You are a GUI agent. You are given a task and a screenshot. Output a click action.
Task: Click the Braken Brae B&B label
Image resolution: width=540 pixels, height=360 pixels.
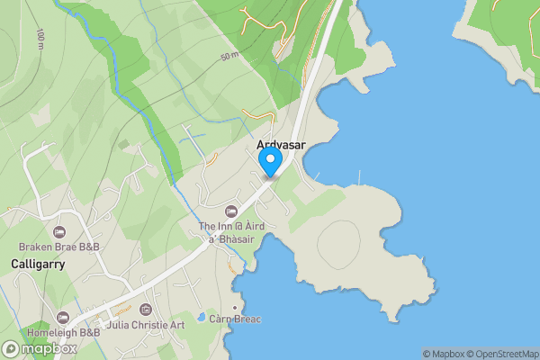pos(59,247)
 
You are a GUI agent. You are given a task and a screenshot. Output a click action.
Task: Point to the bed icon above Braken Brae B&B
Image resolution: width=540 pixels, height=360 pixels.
pos(59,232)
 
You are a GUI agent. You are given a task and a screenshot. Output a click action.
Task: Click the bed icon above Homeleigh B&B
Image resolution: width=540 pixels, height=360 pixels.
pos(62,318)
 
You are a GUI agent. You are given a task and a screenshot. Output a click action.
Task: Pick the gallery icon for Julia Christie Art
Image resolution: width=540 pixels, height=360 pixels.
pos(146,310)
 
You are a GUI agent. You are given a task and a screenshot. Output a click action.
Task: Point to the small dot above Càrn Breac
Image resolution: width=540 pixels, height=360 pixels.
pos(234,307)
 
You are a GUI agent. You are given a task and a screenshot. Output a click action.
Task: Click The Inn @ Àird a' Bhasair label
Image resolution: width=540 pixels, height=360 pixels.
pos(231,232)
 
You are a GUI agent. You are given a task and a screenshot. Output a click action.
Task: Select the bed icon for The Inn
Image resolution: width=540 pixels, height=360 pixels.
pos(231,211)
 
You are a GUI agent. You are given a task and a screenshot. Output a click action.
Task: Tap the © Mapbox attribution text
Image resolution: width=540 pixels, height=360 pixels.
pos(443,354)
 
